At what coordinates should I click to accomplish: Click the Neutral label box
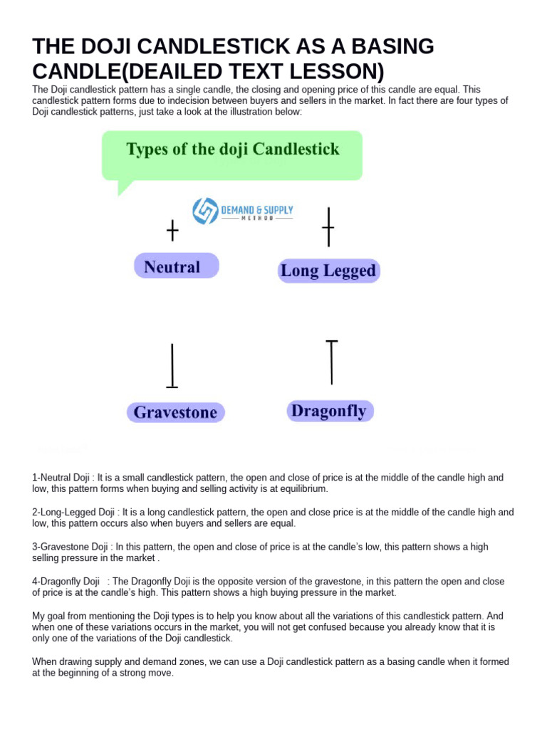pos(176,267)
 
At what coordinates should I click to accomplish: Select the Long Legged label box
pos(328,271)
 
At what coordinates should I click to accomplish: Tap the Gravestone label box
pos(176,412)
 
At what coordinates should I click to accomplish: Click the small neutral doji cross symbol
pos(172,231)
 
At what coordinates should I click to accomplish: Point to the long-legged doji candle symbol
pos(328,227)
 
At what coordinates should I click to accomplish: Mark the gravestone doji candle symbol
pos(172,366)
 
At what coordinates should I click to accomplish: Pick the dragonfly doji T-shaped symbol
pos(331,362)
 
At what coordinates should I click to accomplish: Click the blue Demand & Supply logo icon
pos(206,211)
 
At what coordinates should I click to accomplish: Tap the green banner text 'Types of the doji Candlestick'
pos(232,150)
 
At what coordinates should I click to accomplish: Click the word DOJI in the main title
pos(103,46)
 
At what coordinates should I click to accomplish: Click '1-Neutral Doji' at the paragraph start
pos(62,477)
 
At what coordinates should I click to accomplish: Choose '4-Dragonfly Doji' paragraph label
pos(66,582)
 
